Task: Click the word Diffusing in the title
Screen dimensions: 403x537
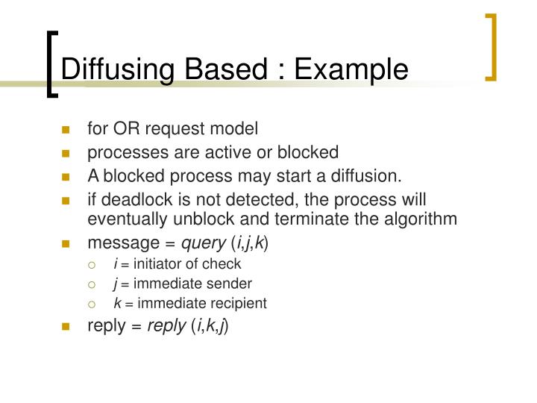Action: [109, 69]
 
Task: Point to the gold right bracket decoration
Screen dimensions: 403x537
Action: [492, 46]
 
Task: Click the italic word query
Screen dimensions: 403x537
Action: [204, 243]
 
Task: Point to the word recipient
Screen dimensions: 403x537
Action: [239, 303]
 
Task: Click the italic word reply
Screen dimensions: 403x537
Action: [166, 325]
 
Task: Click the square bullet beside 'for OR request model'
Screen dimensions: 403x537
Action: [66, 130]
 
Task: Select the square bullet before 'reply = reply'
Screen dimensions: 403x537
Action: [66, 326]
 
